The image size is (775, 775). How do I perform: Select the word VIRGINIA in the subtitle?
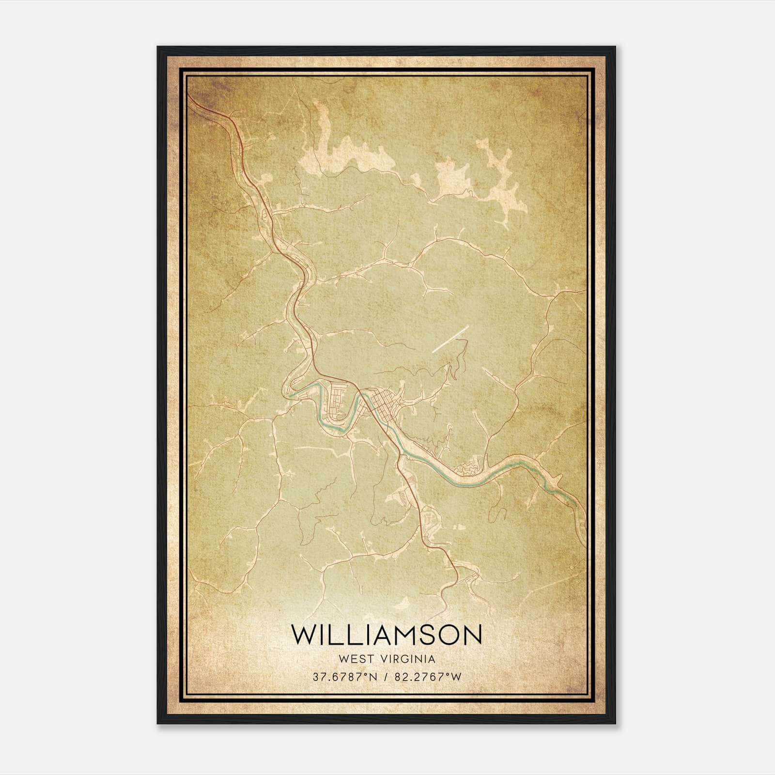[x=408, y=659]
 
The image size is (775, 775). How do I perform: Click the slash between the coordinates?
[x=386, y=677]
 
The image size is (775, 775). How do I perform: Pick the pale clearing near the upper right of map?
[x=499, y=174]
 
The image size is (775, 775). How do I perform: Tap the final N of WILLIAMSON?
[x=472, y=635]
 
